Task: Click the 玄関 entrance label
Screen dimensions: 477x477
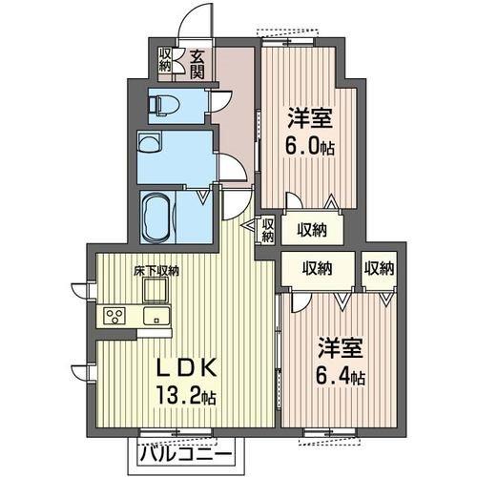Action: point(197,64)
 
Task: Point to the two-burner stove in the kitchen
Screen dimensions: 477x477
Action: point(114,317)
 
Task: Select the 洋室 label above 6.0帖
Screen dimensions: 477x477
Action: point(308,120)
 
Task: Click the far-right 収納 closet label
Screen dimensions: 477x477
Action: point(380,269)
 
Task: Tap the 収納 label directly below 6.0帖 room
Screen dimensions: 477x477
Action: point(311,228)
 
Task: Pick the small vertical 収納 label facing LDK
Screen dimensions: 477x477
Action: point(267,230)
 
